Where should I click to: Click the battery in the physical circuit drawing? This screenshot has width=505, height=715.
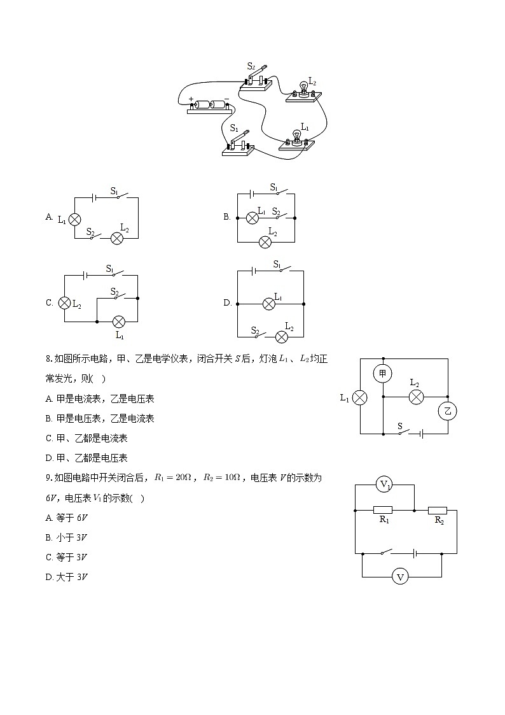pos(210,105)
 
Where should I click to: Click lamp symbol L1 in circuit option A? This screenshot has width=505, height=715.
pos(74,219)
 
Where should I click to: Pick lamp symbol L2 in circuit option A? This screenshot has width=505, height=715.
pos(117,238)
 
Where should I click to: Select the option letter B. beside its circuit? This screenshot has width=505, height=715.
pos(226,217)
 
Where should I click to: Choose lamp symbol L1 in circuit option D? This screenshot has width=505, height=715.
pos(269,304)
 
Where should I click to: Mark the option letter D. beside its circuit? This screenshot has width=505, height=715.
pos(227,303)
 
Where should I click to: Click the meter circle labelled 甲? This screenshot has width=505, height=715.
pos(382,374)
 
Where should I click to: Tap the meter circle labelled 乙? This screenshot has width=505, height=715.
pos(447,411)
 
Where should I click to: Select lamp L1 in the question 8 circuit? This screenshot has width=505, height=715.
pos(360,397)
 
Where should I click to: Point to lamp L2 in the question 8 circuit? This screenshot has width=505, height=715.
pos(416,397)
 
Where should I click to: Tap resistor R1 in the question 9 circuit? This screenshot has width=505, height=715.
pos(382,510)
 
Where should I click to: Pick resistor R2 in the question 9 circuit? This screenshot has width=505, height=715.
pos(438,510)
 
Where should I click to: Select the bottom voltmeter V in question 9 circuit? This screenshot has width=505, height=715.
pos(400,577)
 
